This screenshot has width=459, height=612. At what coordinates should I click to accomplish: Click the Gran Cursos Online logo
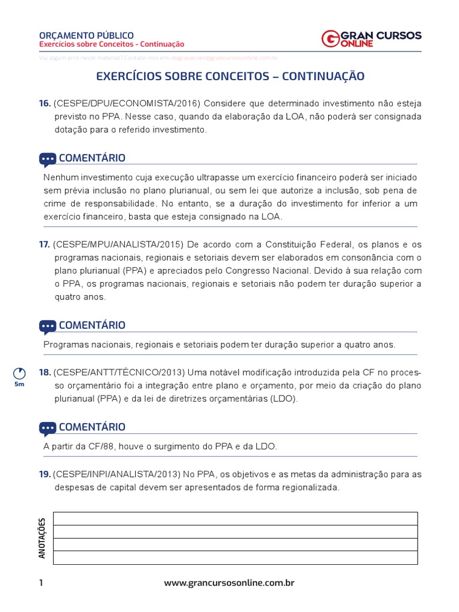click(371, 39)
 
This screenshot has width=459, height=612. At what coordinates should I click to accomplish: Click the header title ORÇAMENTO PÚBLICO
click(86, 35)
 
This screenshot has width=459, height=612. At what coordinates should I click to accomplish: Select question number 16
click(45, 103)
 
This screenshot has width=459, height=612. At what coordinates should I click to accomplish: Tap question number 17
click(44, 244)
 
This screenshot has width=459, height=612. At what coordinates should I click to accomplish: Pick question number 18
click(45, 372)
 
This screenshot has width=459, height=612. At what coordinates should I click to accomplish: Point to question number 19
click(45, 474)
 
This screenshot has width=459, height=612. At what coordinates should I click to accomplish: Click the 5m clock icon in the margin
click(20, 374)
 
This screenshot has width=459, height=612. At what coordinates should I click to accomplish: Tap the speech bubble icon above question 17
click(48, 159)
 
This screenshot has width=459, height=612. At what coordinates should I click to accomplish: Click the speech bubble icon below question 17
click(48, 326)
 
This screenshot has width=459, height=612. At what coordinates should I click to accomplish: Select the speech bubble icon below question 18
click(48, 428)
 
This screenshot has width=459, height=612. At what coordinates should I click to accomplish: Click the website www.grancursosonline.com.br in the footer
click(229, 583)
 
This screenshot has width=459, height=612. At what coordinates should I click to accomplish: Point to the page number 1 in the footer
click(41, 583)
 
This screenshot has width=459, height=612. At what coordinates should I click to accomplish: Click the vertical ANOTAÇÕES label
click(42, 538)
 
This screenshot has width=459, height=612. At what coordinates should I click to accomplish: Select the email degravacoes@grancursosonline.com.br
click(224, 58)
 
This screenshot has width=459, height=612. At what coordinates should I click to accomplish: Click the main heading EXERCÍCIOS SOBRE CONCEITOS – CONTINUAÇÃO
click(230, 76)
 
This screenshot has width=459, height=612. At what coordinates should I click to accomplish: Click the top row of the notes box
click(235, 518)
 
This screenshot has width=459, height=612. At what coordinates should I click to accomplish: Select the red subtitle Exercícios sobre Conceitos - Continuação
click(111, 44)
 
